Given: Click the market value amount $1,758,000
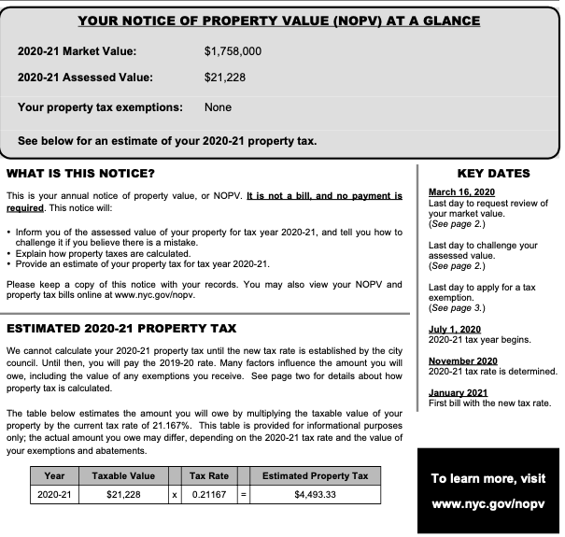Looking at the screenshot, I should (x=233, y=51).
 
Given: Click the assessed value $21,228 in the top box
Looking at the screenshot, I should (x=225, y=78).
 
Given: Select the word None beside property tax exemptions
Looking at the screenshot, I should (x=218, y=107).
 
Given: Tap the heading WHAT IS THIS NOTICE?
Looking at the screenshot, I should (x=81, y=174).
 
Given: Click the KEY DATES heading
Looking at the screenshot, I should (x=493, y=174).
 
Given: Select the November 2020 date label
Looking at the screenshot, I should (x=462, y=360).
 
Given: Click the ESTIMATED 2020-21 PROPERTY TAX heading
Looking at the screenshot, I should (x=121, y=329).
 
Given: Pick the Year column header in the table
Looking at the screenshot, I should (x=54, y=476).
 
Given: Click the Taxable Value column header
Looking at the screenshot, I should (x=123, y=476).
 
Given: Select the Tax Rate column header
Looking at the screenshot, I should (x=208, y=476).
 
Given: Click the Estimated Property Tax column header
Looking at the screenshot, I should (x=315, y=476).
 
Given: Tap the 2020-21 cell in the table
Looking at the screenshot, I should (x=54, y=494).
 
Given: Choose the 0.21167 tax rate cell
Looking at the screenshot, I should (x=208, y=494).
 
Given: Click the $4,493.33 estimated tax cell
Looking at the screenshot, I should (x=315, y=494).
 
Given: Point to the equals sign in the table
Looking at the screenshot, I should (x=245, y=494).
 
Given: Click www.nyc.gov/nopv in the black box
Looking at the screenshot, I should (x=487, y=503).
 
